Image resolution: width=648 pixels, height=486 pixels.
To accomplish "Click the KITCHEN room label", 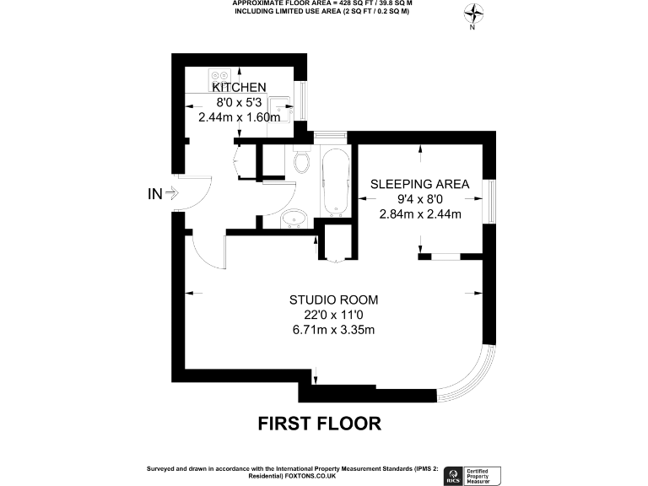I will pyautogui.click(x=239, y=88).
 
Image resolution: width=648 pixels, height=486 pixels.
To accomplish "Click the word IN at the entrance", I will pyautogui.click(x=154, y=194).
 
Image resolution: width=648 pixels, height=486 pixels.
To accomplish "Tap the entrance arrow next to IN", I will pyautogui.click(x=171, y=194).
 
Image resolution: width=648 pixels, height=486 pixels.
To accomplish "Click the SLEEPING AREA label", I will pyautogui.click(x=420, y=184).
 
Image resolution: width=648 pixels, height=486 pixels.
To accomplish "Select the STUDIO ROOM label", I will pyautogui.click(x=333, y=300).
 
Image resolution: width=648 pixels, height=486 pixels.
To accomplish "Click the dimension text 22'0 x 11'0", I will pyautogui.click(x=333, y=314).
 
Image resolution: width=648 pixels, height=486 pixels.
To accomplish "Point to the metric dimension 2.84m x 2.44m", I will pyautogui.click(x=420, y=213).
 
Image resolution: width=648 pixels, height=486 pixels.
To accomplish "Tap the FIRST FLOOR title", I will pyautogui.click(x=320, y=423).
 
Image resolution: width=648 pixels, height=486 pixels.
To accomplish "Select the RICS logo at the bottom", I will pyautogui.click(x=451, y=474).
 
